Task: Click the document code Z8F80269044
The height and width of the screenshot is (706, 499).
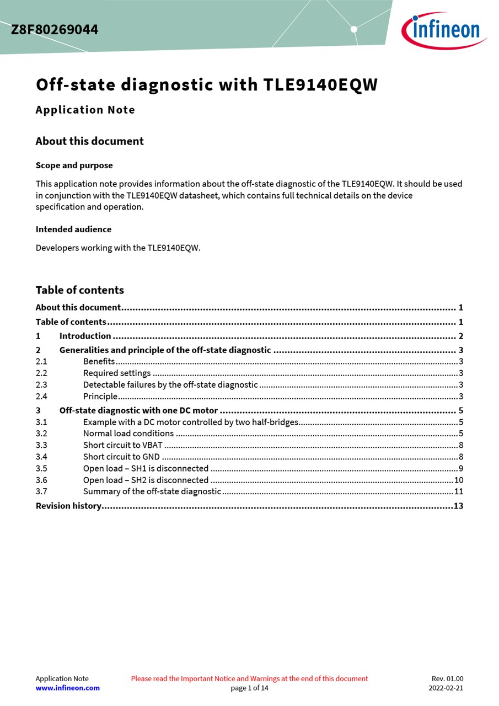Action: pyautogui.click(x=55, y=30)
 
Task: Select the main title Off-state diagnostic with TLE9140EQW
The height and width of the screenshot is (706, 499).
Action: pyautogui.click(x=207, y=85)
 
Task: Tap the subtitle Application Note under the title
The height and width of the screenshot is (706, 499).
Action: pyautogui.click(x=85, y=110)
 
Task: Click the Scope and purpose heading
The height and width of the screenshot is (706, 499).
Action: pyautogui.click(x=74, y=165)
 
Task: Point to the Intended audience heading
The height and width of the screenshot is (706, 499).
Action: pyautogui.click(x=73, y=229)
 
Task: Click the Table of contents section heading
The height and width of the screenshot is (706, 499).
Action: pyautogui.click(x=80, y=290)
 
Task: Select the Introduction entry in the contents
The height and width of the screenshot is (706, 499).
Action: pyautogui.click(x=85, y=336)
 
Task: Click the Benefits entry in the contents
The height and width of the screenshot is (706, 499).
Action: pyautogui.click(x=99, y=362)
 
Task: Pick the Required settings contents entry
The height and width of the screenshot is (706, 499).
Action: pyautogui.click(x=117, y=373)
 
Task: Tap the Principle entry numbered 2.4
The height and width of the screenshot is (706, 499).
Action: pyautogui.click(x=100, y=397)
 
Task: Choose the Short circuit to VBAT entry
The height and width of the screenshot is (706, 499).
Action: pyautogui.click(x=123, y=445)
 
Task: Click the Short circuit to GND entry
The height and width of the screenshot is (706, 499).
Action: pyautogui.click(x=121, y=457)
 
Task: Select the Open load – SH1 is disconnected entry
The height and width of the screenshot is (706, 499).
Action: pyautogui.click(x=146, y=469)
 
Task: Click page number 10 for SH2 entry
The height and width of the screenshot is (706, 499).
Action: pyautogui.click(x=459, y=480)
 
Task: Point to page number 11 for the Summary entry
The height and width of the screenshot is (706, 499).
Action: pyautogui.click(x=459, y=492)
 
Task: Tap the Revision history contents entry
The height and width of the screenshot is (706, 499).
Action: pyautogui.click(x=68, y=506)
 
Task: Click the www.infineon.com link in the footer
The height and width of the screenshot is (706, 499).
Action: pyautogui.click(x=68, y=688)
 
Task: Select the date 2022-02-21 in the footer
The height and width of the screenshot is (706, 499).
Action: pyautogui.click(x=446, y=688)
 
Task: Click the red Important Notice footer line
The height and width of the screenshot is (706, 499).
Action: pyautogui.click(x=249, y=678)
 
